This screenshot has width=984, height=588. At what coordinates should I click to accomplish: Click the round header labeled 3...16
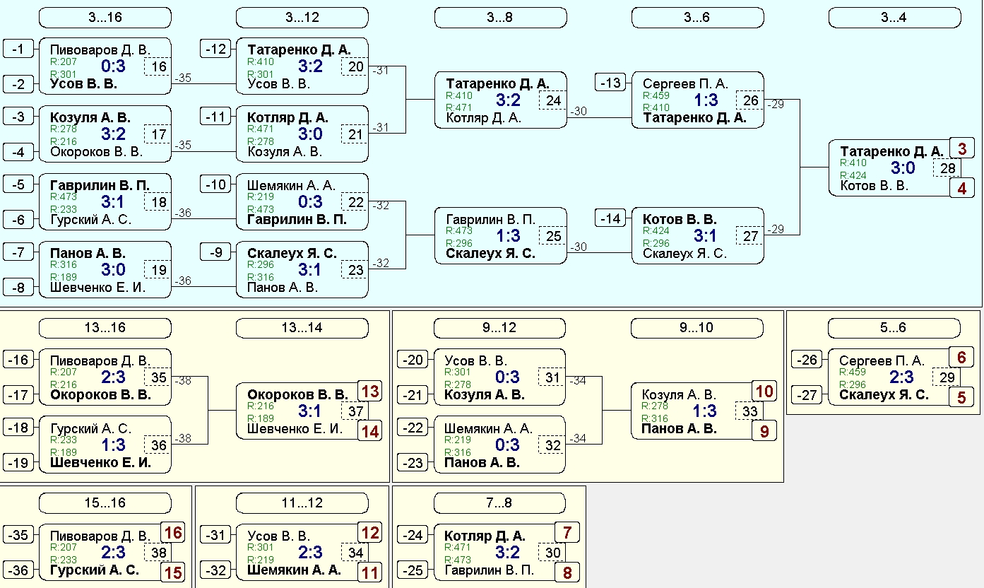click(x=105, y=18)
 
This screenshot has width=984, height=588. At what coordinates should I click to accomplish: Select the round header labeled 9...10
click(x=696, y=328)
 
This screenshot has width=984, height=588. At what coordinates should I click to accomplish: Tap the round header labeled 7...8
click(x=499, y=502)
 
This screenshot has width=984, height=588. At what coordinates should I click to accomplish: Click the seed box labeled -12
click(x=215, y=49)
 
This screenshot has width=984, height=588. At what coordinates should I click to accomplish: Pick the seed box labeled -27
click(x=807, y=395)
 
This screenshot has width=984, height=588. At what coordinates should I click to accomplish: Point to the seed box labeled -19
click(x=18, y=463)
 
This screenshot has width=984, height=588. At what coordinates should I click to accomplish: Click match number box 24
click(x=553, y=100)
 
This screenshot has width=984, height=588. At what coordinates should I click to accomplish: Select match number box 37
click(x=355, y=411)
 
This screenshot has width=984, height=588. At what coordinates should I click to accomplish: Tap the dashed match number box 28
click(x=947, y=168)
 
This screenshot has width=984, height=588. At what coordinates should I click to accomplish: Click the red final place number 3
click(x=961, y=148)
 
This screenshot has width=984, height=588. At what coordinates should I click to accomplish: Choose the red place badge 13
click(x=370, y=391)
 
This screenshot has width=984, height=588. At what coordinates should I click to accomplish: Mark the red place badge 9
click(x=764, y=431)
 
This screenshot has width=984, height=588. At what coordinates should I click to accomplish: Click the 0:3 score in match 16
click(x=113, y=66)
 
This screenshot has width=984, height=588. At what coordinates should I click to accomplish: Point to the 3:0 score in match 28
click(x=903, y=168)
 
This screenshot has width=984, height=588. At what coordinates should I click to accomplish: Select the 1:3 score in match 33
click(x=704, y=411)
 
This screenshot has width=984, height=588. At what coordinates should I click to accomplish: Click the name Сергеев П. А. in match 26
click(x=685, y=83)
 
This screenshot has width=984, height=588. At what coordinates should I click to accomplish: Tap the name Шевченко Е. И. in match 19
click(x=97, y=288)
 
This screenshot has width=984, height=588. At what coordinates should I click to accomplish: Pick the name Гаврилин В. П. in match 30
click(x=489, y=570)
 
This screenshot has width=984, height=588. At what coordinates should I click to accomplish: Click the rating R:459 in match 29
click(x=852, y=372)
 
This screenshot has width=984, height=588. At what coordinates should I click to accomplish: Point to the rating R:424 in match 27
click(x=656, y=230)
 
